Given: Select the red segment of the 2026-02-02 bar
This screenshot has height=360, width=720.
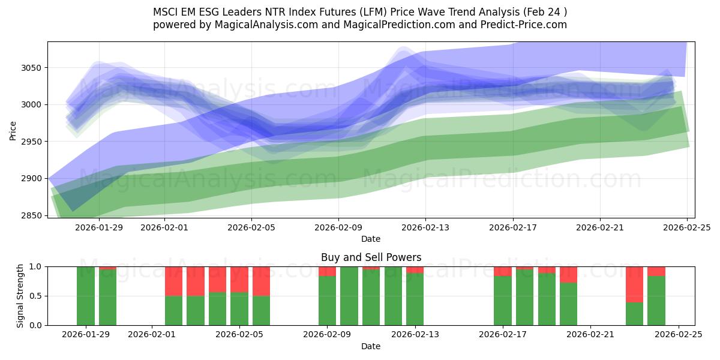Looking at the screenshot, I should tap(174, 281).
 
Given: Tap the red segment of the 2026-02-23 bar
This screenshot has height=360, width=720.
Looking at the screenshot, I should tap(634, 284).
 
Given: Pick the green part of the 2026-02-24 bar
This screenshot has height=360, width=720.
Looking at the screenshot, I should tap(656, 300).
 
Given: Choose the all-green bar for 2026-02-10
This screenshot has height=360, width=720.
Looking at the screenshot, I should tap(349, 296).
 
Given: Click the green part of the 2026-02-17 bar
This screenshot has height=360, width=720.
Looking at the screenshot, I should tap(503, 300).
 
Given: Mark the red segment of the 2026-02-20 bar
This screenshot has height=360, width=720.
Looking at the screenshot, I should tap(568, 274).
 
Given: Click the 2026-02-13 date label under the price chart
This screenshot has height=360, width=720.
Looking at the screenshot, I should tap(425, 227).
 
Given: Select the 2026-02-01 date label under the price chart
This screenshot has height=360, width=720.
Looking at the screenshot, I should tap(164, 227).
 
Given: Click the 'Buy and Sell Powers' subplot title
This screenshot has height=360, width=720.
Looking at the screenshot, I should tap(371, 258).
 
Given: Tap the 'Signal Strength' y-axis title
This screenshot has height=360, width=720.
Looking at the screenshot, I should tap(20, 296).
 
